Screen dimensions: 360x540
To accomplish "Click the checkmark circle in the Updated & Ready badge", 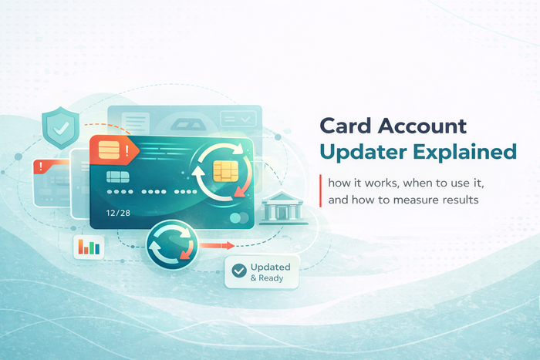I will (238, 271).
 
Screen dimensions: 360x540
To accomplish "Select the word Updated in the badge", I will (271, 267).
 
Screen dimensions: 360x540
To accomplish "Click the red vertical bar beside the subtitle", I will (319, 192).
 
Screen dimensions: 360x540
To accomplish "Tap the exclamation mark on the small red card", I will (38, 165).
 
